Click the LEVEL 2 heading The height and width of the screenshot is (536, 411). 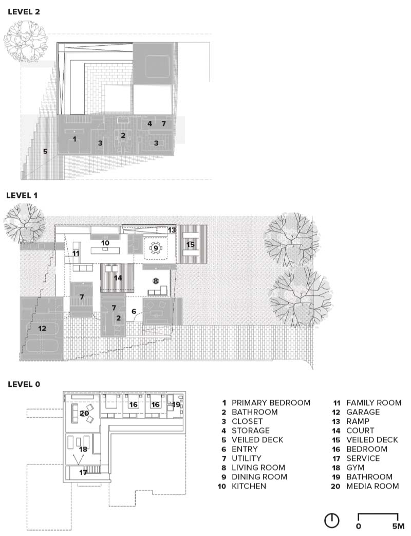24,12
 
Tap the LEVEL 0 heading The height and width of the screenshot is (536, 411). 24,384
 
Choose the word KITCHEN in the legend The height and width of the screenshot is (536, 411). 249,486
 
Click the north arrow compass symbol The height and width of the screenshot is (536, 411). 331,521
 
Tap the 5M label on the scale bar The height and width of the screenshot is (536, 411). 398,526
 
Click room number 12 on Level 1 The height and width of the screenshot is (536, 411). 42,328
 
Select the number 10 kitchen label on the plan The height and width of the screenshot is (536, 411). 105,243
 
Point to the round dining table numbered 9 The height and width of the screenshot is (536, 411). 156,248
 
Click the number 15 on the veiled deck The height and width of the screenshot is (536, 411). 191,244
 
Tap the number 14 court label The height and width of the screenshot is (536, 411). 118,278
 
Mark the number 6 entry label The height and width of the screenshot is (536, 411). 134,311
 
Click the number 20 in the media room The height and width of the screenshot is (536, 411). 84,413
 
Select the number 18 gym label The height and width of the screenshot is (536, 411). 83,449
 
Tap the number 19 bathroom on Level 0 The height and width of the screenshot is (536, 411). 176,405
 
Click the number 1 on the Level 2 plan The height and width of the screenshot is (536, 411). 74,139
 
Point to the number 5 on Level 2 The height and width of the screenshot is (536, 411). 45,151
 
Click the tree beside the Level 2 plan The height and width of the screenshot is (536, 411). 26,41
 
